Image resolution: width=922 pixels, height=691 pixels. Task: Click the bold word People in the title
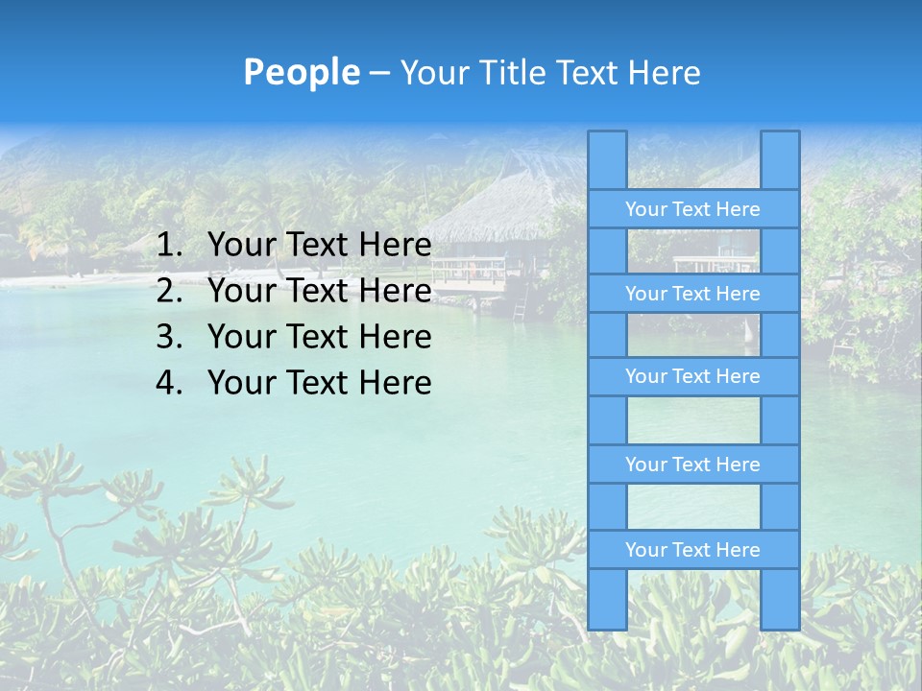point(302,73)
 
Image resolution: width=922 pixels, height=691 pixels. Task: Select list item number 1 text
point(319,246)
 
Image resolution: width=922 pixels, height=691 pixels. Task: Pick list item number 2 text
point(319,291)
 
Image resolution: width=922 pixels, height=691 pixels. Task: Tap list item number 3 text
point(319,337)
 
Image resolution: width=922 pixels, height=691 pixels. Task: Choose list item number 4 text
point(319,383)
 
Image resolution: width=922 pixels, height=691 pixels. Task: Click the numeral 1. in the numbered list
point(170,246)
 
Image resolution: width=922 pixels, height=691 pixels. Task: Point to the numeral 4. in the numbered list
point(170,383)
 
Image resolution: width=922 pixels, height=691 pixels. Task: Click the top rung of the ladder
point(692,209)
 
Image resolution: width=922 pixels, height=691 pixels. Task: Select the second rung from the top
point(692,294)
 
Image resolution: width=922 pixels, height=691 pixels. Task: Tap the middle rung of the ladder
point(692,376)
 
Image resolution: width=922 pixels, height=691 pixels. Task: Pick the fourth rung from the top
point(692,465)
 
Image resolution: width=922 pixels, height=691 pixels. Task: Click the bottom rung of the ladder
point(692,550)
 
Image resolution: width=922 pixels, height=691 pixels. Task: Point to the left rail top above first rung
point(607,159)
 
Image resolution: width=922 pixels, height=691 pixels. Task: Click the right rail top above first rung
point(780,159)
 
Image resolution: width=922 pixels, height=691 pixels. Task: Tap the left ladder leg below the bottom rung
point(607,599)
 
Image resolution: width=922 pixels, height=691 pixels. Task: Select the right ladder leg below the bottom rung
point(780,599)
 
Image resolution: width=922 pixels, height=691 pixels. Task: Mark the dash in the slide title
point(379,73)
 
